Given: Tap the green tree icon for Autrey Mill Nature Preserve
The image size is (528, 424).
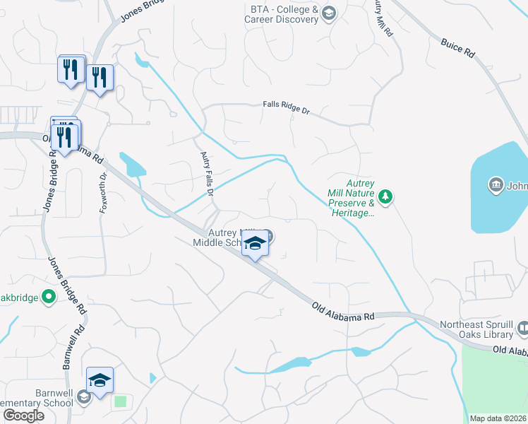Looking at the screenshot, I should (x=385, y=195).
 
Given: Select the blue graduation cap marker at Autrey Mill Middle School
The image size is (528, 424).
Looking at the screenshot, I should (x=255, y=245).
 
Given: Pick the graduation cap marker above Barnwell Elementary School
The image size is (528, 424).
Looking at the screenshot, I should (x=100, y=380).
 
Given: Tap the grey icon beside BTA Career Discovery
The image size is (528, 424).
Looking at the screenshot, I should (x=328, y=13).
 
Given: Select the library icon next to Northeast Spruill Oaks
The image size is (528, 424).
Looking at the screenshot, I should (x=523, y=329).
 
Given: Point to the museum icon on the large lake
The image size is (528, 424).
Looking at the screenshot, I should (x=496, y=187).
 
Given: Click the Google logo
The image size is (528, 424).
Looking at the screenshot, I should (x=23, y=416).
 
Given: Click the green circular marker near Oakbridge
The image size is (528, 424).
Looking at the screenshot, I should (x=49, y=298).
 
